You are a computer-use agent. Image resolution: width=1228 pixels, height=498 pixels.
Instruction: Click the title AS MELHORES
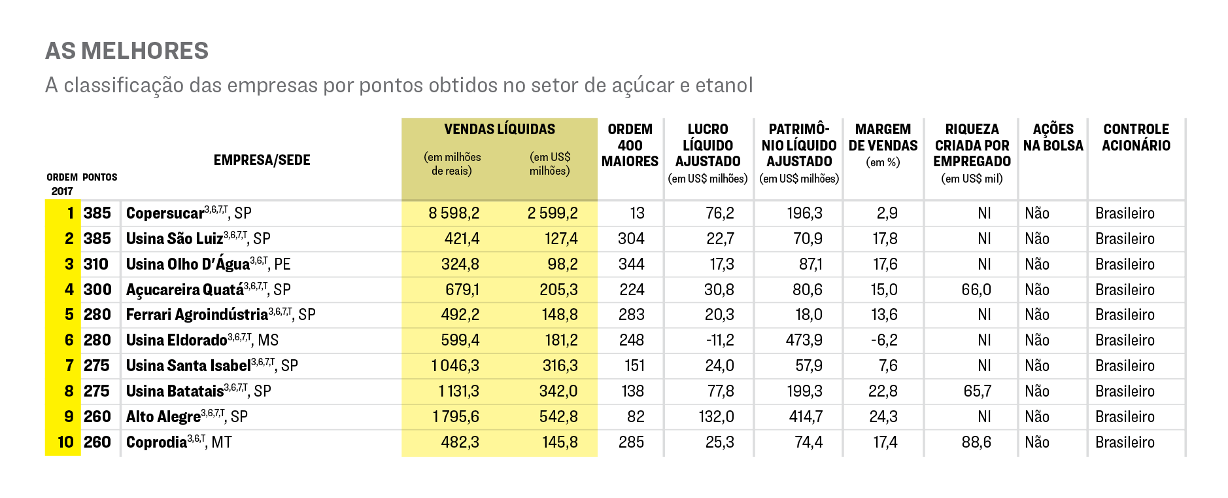[127, 51]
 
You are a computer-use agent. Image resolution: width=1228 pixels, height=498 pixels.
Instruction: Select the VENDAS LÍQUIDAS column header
[499, 130]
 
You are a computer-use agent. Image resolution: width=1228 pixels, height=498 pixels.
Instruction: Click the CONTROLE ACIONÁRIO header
[1136, 137]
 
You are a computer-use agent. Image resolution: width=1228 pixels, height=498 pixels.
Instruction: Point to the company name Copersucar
[165, 213]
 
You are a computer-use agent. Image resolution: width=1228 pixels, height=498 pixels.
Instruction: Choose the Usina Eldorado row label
[177, 340]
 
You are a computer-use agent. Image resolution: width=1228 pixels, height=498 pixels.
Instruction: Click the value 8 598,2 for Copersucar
[454, 213]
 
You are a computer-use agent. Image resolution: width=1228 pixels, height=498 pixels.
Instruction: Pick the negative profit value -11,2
[719, 340]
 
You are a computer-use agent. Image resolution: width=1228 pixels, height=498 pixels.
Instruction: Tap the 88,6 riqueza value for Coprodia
[976, 442]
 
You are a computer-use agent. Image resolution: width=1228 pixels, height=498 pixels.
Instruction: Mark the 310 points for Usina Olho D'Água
[96, 264]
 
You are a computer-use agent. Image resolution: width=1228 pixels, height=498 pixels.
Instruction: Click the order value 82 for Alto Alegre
[635, 417]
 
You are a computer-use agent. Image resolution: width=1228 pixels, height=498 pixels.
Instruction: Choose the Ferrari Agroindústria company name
[197, 315]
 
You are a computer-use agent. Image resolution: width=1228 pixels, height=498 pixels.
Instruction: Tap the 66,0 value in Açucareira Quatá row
[976, 290]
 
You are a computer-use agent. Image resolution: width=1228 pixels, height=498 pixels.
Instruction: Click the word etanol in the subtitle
[724, 85]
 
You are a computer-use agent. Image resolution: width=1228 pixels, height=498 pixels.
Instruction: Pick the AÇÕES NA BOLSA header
[1053, 137]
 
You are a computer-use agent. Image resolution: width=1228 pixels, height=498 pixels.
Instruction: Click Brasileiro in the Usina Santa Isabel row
[1125, 366]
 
